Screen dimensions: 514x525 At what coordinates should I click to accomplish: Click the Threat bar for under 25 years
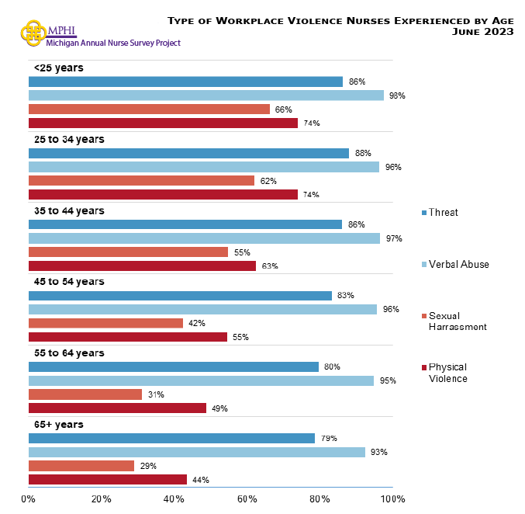click(x=185, y=82)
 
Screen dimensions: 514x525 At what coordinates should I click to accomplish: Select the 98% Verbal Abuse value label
click(x=397, y=96)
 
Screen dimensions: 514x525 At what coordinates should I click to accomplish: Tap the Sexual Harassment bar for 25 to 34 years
click(x=141, y=181)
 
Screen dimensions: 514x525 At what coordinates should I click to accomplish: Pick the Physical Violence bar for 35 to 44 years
click(x=142, y=266)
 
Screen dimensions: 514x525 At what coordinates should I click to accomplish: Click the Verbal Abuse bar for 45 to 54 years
click(x=202, y=309)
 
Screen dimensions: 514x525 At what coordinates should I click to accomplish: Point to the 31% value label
click(x=156, y=394)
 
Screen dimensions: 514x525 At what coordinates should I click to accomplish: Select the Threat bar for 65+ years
click(x=171, y=438)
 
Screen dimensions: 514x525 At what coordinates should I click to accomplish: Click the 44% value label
click(x=201, y=480)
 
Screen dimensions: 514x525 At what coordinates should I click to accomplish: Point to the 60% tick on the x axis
click(x=247, y=498)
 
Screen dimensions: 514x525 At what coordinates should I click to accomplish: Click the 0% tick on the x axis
click(x=29, y=498)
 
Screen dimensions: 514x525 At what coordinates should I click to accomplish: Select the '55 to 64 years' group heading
click(x=69, y=353)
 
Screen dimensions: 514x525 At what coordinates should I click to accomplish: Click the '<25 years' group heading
click(x=59, y=68)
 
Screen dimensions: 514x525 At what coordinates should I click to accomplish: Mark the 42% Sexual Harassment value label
click(x=197, y=323)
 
